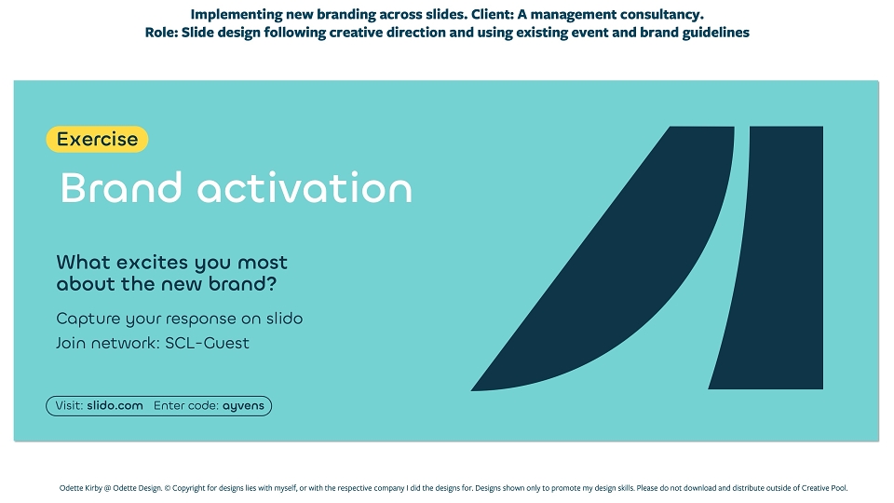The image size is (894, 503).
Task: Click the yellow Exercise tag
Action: (97, 139)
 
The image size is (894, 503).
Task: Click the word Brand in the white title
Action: (121, 187)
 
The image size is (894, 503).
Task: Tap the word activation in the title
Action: (305, 187)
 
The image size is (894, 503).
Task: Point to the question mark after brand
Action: (271, 283)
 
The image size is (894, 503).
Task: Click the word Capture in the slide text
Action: (88, 319)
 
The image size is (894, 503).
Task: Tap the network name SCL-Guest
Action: (207, 343)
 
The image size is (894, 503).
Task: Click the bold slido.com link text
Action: (115, 405)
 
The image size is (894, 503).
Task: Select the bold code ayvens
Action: (243, 406)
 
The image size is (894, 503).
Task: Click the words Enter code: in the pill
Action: (186, 405)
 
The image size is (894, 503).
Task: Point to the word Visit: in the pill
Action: (70, 405)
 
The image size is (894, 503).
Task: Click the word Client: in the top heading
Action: (493, 14)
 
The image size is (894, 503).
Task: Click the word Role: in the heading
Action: (161, 33)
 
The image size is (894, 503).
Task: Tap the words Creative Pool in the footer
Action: (824, 488)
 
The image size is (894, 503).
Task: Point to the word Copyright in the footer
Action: (189, 488)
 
